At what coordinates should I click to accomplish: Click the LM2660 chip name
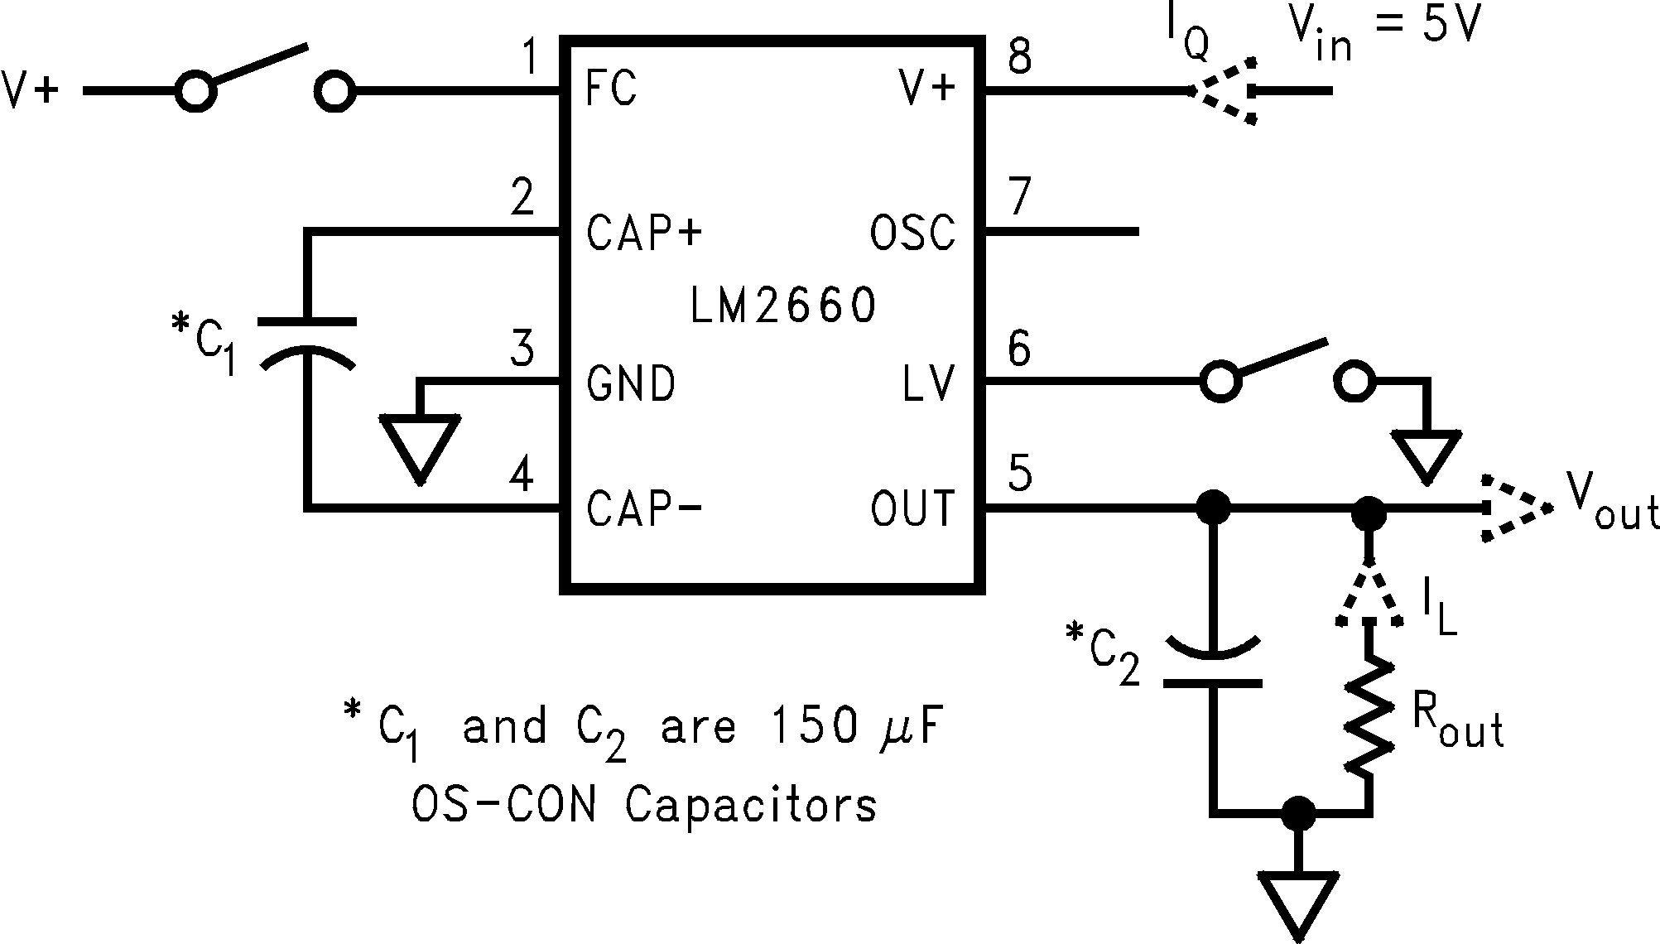click(x=782, y=306)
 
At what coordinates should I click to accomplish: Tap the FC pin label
click(x=611, y=88)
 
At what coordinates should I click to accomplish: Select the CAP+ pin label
click(x=644, y=233)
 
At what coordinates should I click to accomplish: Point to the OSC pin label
click(x=912, y=233)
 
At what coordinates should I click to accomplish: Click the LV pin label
click(x=930, y=383)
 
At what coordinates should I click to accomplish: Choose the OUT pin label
click(x=912, y=508)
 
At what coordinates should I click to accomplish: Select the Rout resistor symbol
click(x=1368, y=715)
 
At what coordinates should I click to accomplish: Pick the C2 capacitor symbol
click(x=1213, y=662)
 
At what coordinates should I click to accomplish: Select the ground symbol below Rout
click(x=1297, y=903)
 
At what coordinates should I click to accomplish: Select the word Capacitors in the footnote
click(x=750, y=803)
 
